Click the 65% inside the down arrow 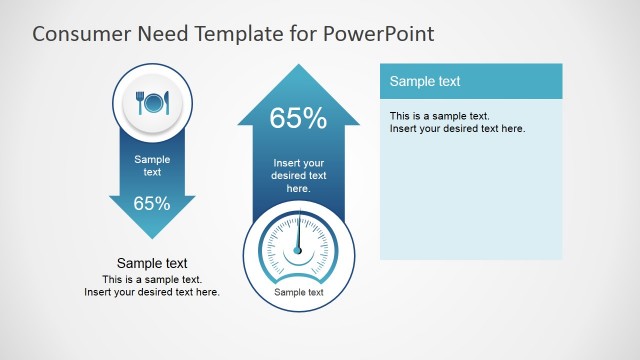tap(151, 204)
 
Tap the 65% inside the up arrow tap(298, 119)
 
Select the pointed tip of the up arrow tap(298, 67)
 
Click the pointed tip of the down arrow tap(151, 237)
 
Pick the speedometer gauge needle tap(298, 234)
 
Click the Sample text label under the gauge tap(298, 293)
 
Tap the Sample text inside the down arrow tap(152, 165)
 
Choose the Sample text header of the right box tap(425, 81)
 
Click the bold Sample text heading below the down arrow tap(152, 264)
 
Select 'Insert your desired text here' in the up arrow tap(298, 175)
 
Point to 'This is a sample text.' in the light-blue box tap(440, 116)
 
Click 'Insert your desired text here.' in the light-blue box tap(457, 128)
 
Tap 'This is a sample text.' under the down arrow tap(152, 279)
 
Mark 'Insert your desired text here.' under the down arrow tap(152, 292)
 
